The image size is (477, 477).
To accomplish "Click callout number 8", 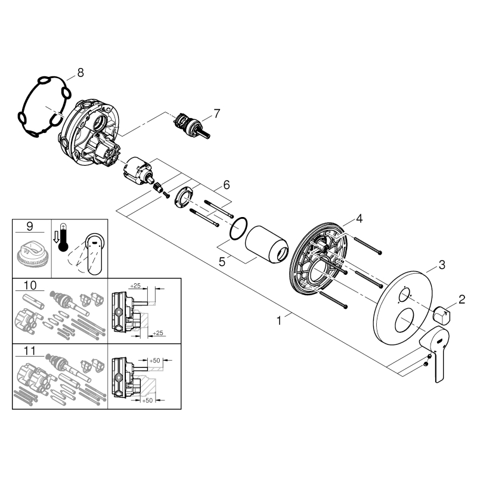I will pyautogui.click(x=80, y=73).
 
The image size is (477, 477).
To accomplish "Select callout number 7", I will pyautogui.click(x=216, y=111).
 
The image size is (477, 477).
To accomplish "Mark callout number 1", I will pyautogui.click(x=280, y=321).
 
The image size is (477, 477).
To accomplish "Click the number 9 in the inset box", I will pyautogui.click(x=30, y=227).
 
